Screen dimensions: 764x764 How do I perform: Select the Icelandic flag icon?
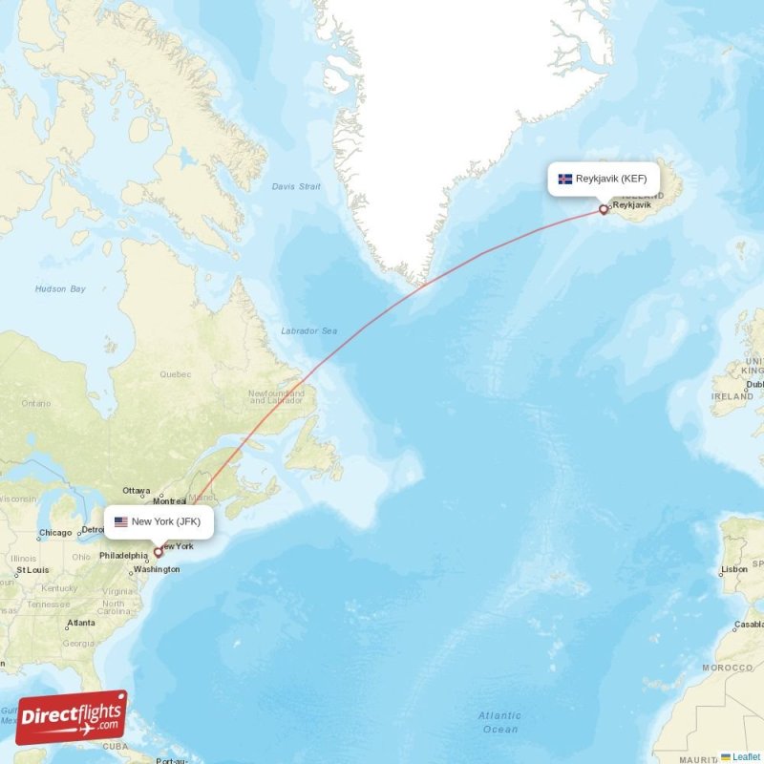565,179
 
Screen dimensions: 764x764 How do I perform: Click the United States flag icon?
120,521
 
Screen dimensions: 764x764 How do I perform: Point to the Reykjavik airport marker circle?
603,209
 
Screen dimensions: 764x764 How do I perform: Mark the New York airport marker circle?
159,552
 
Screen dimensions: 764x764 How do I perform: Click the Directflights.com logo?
72,717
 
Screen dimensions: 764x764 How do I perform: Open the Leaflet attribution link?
746,756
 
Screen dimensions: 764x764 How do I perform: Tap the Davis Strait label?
296,186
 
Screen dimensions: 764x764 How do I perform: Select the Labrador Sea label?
308,331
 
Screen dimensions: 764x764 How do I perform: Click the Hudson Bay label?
60,288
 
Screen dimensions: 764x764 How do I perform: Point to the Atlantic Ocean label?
499,722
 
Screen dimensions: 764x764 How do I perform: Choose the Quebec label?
176,374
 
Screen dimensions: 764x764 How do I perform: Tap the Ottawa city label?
138,491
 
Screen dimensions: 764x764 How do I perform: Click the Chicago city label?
55,533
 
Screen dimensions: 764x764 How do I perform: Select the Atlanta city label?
80,624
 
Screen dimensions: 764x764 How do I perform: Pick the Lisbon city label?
734,569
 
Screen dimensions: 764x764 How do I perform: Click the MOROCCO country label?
728,667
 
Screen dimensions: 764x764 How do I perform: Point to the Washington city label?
157,569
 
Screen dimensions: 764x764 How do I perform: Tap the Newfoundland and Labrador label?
276,396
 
